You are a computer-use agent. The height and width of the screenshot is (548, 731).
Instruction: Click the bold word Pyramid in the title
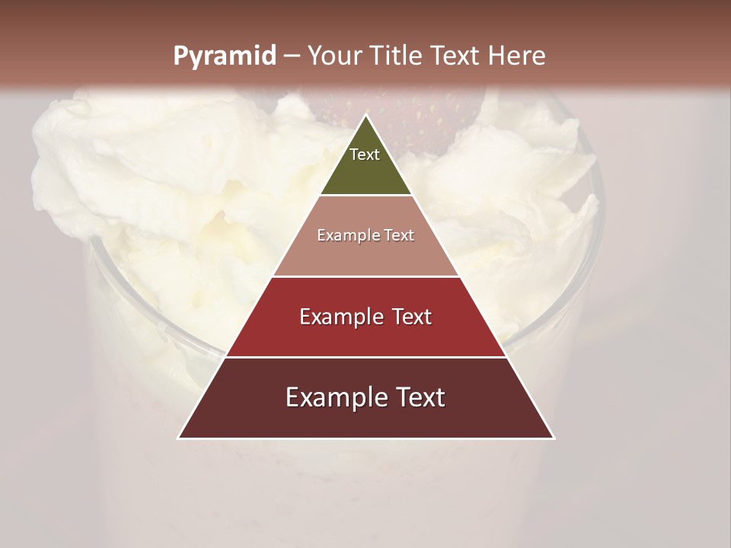click(x=224, y=56)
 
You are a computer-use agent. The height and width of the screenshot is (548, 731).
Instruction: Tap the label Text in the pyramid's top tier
click(x=365, y=155)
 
